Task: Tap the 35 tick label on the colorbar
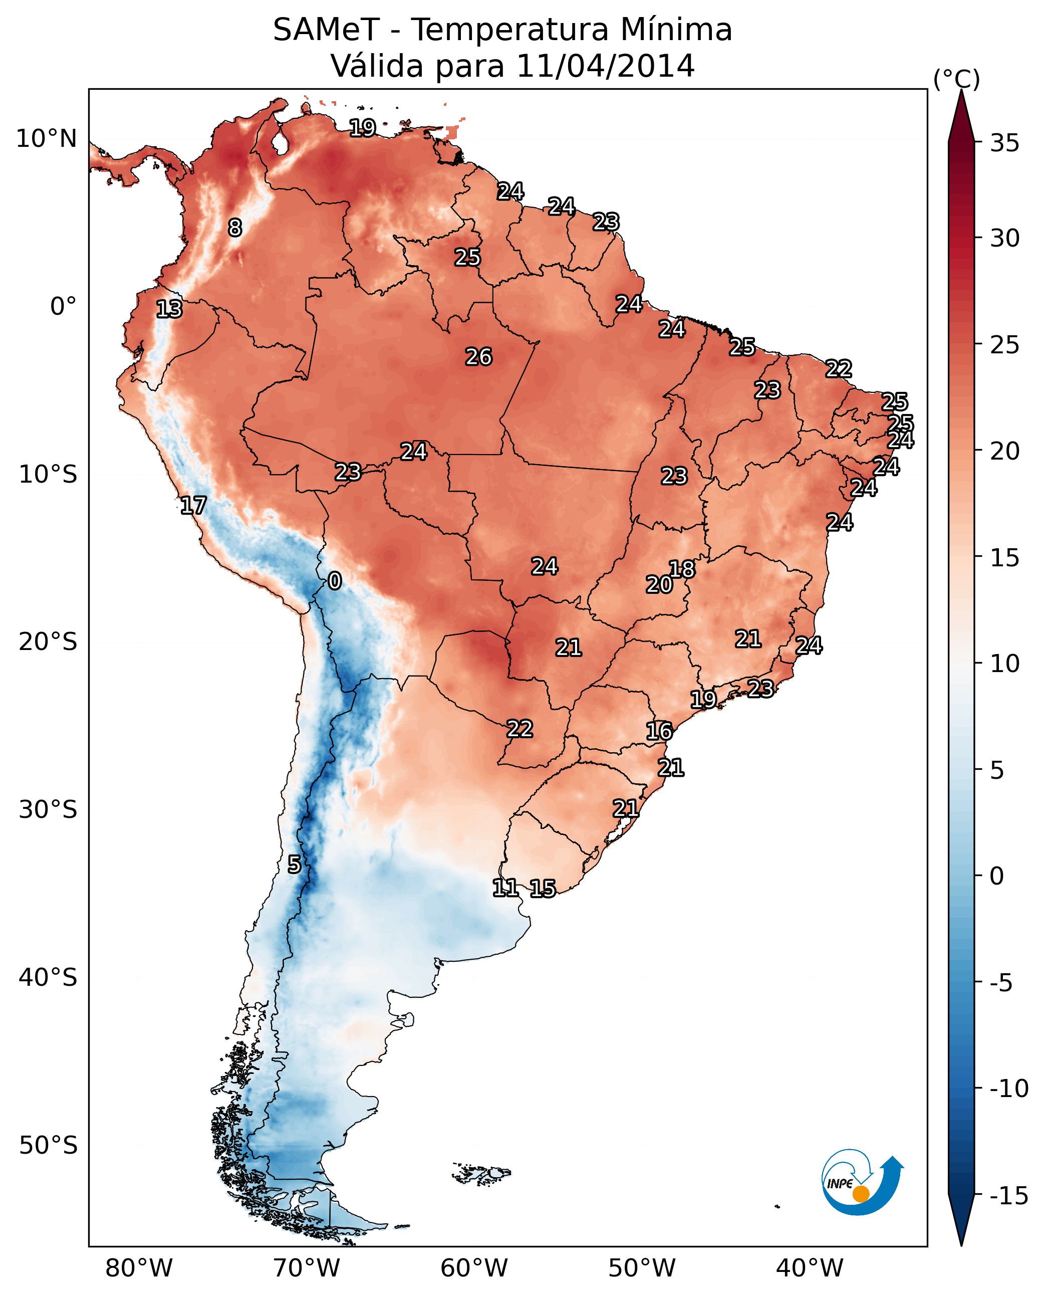(x=1004, y=143)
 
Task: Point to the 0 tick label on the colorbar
(x=997, y=876)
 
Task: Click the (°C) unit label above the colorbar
(x=956, y=79)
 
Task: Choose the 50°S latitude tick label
(x=48, y=1145)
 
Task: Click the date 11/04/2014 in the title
(x=605, y=66)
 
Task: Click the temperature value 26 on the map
(x=479, y=357)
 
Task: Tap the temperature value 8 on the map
(x=235, y=228)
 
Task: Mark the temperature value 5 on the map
(x=294, y=865)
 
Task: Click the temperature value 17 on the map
(x=193, y=506)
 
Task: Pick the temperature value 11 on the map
(x=505, y=888)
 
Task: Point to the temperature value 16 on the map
(x=659, y=732)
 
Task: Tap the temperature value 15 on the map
(x=543, y=889)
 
